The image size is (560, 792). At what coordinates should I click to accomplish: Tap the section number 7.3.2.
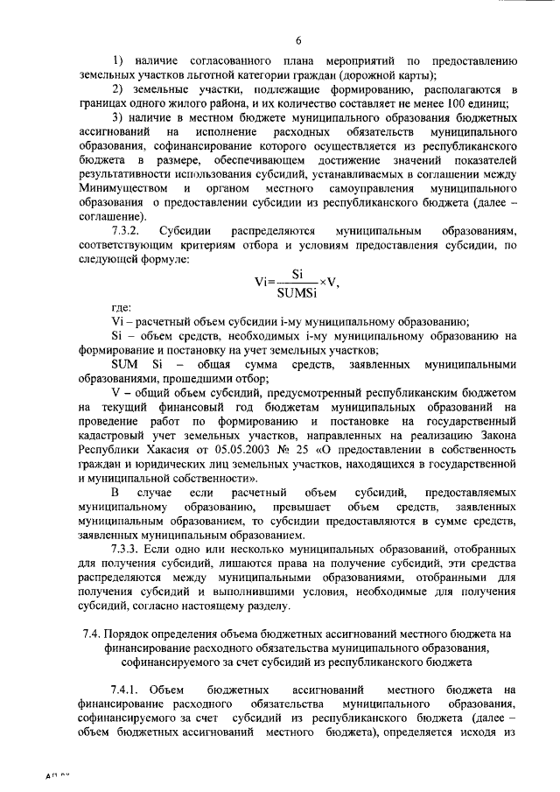(130, 230)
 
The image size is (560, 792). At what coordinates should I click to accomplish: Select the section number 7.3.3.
(130, 549)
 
